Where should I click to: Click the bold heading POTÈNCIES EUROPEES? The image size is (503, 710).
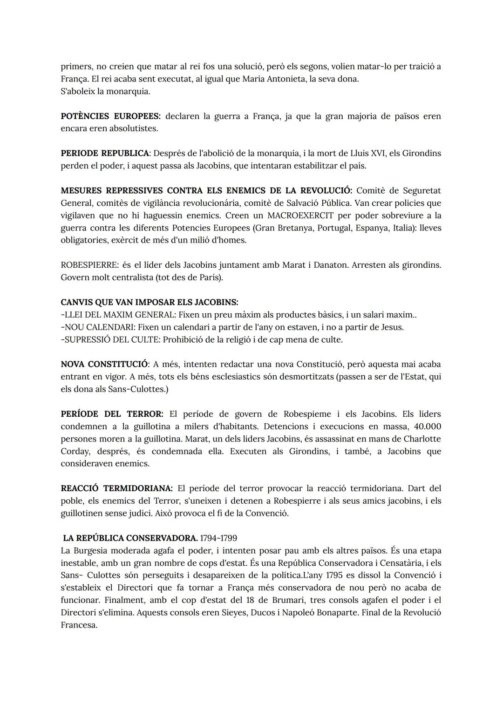coord(110,116)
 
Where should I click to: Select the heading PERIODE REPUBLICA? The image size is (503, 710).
coord(105,153)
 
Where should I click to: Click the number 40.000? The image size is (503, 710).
coord(427,426)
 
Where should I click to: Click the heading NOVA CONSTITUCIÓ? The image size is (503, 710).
coord(104,364)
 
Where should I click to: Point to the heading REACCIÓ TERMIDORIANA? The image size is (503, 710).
coord(116,488)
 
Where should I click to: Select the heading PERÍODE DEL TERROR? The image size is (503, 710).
coord(112,414)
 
